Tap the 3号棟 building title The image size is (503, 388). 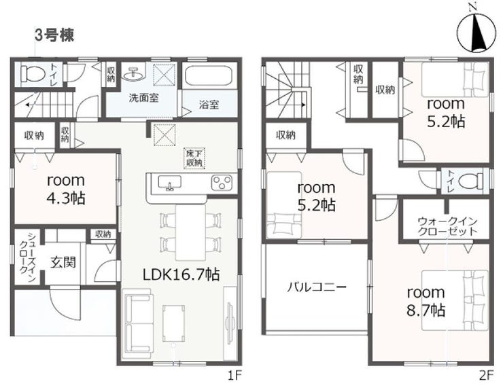pyautogui.click(x=54, y=35)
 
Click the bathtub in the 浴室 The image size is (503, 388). pyautogui.click(x=209, y=75)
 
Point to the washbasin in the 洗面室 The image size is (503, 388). pyautogui.click(x=133, y=73)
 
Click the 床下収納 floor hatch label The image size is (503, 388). pyautogui.click(x=194, y=158)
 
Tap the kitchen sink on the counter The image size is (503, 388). pyautogui.click(x=170, y=183)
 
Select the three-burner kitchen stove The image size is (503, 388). pyautogui.click(x=222, y=182)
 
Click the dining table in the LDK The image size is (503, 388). pyautogui.click(x=190, y=232)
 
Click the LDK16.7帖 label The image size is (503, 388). pyautogui.click(x=181, y=275)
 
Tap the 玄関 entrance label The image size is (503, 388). pyautogui.click(x=63, y=262)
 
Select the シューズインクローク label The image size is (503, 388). pyautogui.click(x=28, y=258)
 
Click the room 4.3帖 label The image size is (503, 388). pyautogui.click(x=66, y=190)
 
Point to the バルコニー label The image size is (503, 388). pyautogui.click(x=317, y=286)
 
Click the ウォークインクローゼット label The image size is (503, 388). pyautogui.click(x=447, y=226)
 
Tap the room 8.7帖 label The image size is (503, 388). pyautogui.click(x=426, y=302)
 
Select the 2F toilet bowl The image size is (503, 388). pyautogui.click(x=470, y=181)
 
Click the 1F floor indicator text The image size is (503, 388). pyautogui.click(x=235, y=376)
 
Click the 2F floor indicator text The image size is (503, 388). pyautogui.click(x=487, y=376)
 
